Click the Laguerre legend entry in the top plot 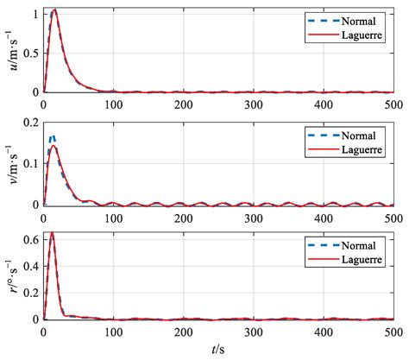coord(355,35)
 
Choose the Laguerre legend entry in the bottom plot coord(355,261)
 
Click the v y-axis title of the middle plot coord(11,162)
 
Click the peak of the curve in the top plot coord(55,10)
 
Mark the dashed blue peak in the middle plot coord(52,136)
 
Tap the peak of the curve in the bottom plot coord(53,232)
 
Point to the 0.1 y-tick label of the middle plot coord(30,163)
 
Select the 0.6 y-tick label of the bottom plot coord(30,237)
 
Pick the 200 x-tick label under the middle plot coord(182,217)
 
